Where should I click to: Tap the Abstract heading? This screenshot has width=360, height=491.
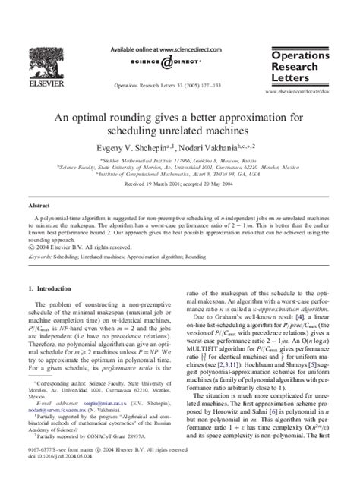(x=39, y=205)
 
